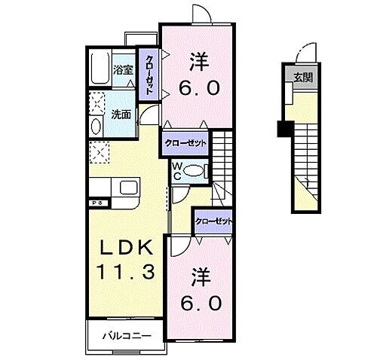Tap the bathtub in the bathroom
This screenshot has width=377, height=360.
98,69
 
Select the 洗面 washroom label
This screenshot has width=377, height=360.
121,114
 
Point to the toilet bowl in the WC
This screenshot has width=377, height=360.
194,171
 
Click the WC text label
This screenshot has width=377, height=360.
176,171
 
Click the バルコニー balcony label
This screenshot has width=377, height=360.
124,336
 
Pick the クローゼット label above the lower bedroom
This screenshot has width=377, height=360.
213,221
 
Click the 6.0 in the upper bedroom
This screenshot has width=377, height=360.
199,88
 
